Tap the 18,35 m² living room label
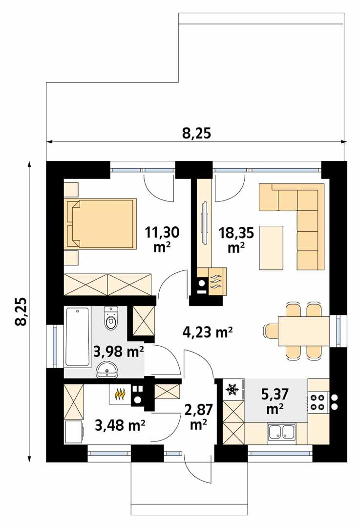pos(236,239)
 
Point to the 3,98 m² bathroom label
pos(118,351)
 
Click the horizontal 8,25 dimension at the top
pos(196,133)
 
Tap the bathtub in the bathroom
pos(77,337)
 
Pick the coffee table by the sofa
pos(271,247)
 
